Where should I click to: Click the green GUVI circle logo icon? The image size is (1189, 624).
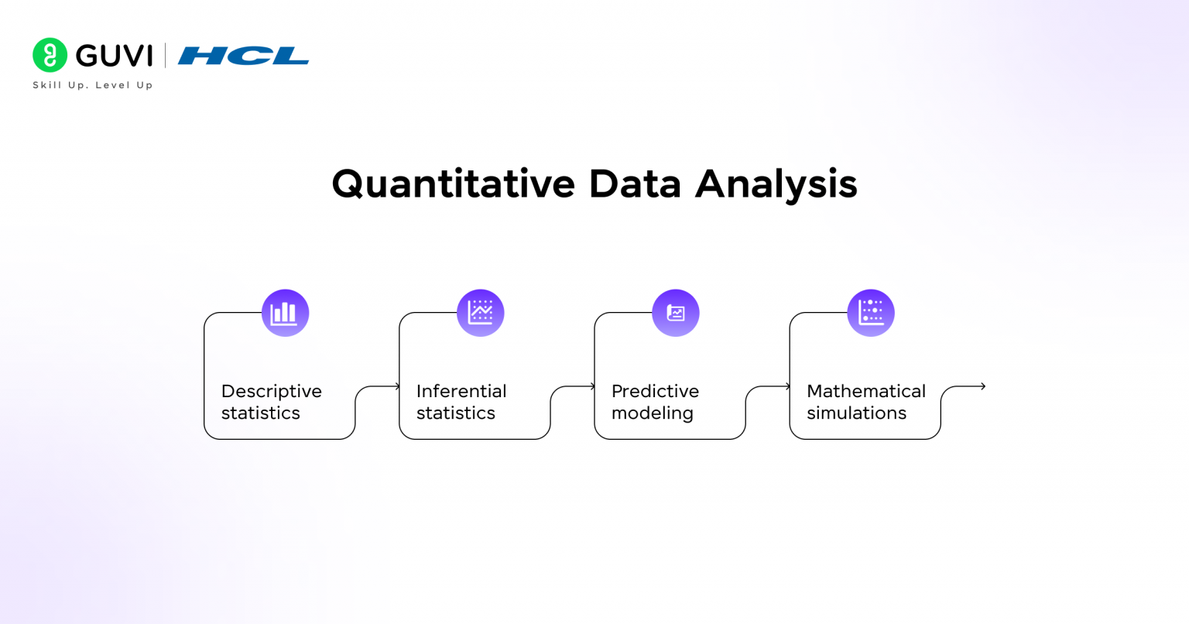50,55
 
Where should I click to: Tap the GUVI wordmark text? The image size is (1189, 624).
115,56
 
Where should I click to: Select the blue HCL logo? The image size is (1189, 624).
243,56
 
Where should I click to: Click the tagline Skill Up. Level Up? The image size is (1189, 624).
93,85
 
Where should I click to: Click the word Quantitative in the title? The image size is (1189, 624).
453,185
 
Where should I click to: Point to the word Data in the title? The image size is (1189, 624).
634,184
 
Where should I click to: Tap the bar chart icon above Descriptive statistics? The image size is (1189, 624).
285,313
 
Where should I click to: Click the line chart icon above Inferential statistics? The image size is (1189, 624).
481,313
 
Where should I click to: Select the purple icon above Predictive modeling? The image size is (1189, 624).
676,313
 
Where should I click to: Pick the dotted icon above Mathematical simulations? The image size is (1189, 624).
871,313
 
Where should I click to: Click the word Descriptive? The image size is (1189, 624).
271,392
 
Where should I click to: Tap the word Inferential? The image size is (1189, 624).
461,391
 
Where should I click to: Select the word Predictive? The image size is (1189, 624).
655,391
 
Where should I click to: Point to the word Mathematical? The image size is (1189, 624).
865,391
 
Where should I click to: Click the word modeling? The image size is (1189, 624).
652,413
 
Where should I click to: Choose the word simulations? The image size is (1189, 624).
856,413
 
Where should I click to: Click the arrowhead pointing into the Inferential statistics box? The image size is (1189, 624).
398,386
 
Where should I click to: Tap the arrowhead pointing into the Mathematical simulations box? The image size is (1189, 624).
788,386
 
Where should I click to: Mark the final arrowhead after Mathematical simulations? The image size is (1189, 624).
982,386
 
